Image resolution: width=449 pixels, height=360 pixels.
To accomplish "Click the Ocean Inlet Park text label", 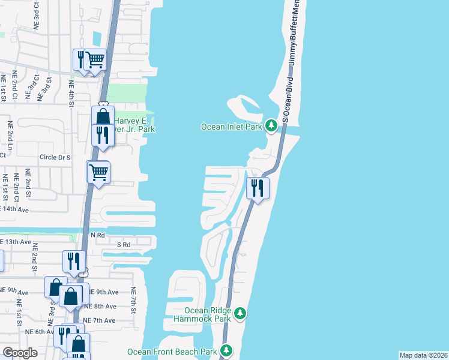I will click(232, 126).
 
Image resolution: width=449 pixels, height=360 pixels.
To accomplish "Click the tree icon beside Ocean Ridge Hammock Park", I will click(240, 313).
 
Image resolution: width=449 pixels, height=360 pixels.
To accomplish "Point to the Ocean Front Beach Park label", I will click(172, 352).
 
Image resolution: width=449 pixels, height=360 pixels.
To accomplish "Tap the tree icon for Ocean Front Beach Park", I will click(226, 350).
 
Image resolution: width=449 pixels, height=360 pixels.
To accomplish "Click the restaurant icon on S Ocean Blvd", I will click(258, 188).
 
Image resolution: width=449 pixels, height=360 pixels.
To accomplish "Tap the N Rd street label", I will click(97, 236).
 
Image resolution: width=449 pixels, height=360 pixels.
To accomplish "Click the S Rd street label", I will click(124, 245).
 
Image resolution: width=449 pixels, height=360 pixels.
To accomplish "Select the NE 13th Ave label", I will click(16, 241).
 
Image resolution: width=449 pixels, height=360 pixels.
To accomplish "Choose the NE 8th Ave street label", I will click(101, 306).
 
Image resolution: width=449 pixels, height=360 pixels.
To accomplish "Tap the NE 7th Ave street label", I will click(99, 320).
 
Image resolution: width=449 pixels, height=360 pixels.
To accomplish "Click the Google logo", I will click(20, 353).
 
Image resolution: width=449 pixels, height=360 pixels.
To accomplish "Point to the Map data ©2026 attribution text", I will click(423, 355).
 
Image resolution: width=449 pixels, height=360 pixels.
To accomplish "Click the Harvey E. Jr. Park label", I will click(134, 124).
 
